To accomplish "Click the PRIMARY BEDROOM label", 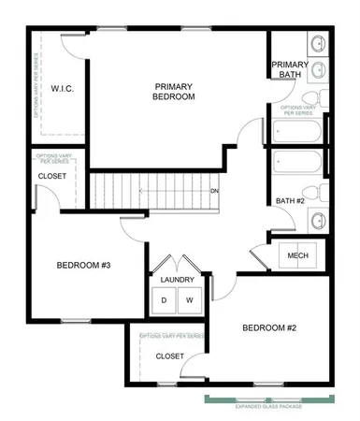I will click(x=174, y=91).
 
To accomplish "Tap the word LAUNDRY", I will click(x=178, y=280).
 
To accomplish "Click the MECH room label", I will click(x=298, y=255).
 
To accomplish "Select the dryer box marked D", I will click(x=165, y=300).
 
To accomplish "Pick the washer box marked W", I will click(x=189, y=300).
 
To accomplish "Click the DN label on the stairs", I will click(x=214, y=191).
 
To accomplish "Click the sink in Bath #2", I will click(x=317, y=221).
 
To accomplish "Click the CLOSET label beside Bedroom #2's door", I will click(x=170, y=356).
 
